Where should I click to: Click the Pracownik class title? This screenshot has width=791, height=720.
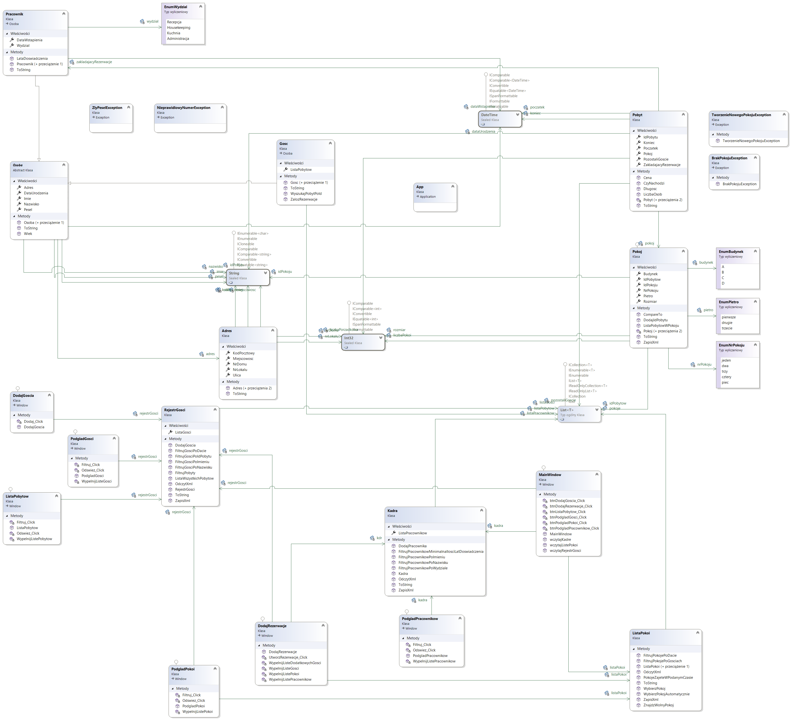(x=14, y=14)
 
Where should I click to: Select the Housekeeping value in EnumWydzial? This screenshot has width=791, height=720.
(x=178, y=27)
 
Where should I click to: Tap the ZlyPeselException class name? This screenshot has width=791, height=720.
(x=107, y=108)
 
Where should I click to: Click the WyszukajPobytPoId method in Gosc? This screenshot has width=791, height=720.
(x=306, y=194)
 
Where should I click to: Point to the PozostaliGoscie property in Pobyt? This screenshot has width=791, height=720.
(x=656, y=159)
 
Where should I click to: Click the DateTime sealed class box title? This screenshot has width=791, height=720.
(x=489, y=115)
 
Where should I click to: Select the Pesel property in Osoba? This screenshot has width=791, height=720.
(x=28, y=210)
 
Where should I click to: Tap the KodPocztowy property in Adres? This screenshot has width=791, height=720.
(x=243, y=353)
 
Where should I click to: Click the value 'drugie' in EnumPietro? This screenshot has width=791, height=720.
(x=727, y=322)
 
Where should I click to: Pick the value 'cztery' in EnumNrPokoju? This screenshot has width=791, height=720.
(x=726, y=377)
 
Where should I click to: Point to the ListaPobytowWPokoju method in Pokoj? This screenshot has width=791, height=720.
(x=661, y=325)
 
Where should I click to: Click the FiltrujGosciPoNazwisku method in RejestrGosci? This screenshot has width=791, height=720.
(x=194, y=467)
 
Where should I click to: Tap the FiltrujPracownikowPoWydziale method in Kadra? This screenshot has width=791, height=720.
(x=423, y=568)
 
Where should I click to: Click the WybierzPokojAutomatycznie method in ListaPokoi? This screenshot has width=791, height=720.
(x=666, y=694)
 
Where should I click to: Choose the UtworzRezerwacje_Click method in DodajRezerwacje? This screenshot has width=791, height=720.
(x=288, y=657)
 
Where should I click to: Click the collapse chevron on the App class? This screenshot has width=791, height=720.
(x=452, y=187)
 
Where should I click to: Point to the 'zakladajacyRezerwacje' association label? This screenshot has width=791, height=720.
(x=94, y=62)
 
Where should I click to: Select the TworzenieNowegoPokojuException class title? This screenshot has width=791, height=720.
(x=741, y=115)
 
